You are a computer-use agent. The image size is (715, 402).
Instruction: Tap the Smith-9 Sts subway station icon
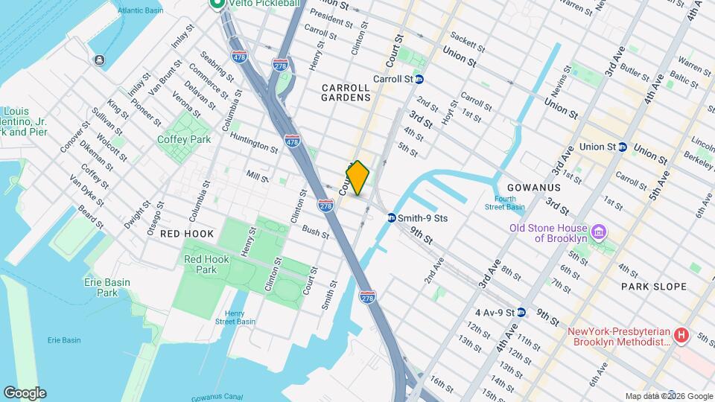pos(391,218)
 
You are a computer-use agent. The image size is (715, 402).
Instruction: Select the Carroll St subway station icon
pos(419,78)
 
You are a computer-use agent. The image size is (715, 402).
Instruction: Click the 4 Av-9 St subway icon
pos(522,312)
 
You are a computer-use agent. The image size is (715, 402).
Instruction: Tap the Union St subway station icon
pos(621,147)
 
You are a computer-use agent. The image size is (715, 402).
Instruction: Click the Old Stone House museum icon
pos(597,233)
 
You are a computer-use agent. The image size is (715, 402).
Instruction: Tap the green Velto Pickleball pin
pos(217,4)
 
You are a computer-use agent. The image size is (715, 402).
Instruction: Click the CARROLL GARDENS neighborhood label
pos(346,92)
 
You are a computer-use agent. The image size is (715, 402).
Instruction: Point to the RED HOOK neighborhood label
pos(187,234)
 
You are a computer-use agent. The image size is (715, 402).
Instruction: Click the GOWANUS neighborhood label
pos(533,188)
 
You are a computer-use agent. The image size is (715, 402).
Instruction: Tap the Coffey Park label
pos(184,139)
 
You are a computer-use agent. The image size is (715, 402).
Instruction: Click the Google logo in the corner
pos(25,393)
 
